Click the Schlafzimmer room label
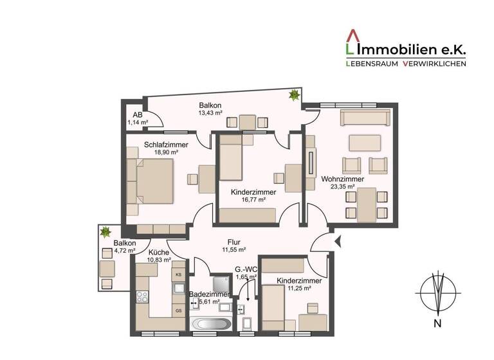tap(166, 145)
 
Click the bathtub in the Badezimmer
tap(209, 323)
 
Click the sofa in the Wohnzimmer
tap(365, 117)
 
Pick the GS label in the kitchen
tap(178, 310)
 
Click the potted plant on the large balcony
tap(294, 96)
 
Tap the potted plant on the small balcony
tap(104, 231)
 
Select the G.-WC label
tap(246, 269)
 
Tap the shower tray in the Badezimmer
tap(220, 283)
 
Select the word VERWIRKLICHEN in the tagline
tap(434, 64)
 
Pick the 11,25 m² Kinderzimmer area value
tap(294, 289)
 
